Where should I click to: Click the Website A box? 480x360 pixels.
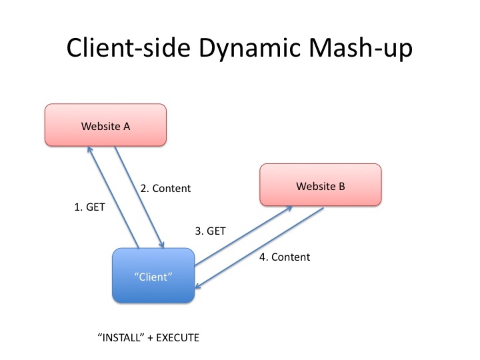(x=105, y=125)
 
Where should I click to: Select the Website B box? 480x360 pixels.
(x=321, y=186)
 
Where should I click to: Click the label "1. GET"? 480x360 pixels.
(x=89, y=207)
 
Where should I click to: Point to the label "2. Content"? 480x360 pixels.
(x=165, y=189)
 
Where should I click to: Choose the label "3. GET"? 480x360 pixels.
(x=210, y=231)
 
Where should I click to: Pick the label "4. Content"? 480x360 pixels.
(x=285, y=257)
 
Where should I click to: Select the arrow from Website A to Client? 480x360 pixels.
(x=138, y=195)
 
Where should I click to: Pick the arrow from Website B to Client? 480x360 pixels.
(x=260, y=249)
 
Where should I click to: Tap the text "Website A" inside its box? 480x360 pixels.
(x=105, y=125)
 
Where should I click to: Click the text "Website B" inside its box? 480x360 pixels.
(x=321, y=186)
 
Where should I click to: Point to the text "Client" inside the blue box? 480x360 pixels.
(x=153, y=277)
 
